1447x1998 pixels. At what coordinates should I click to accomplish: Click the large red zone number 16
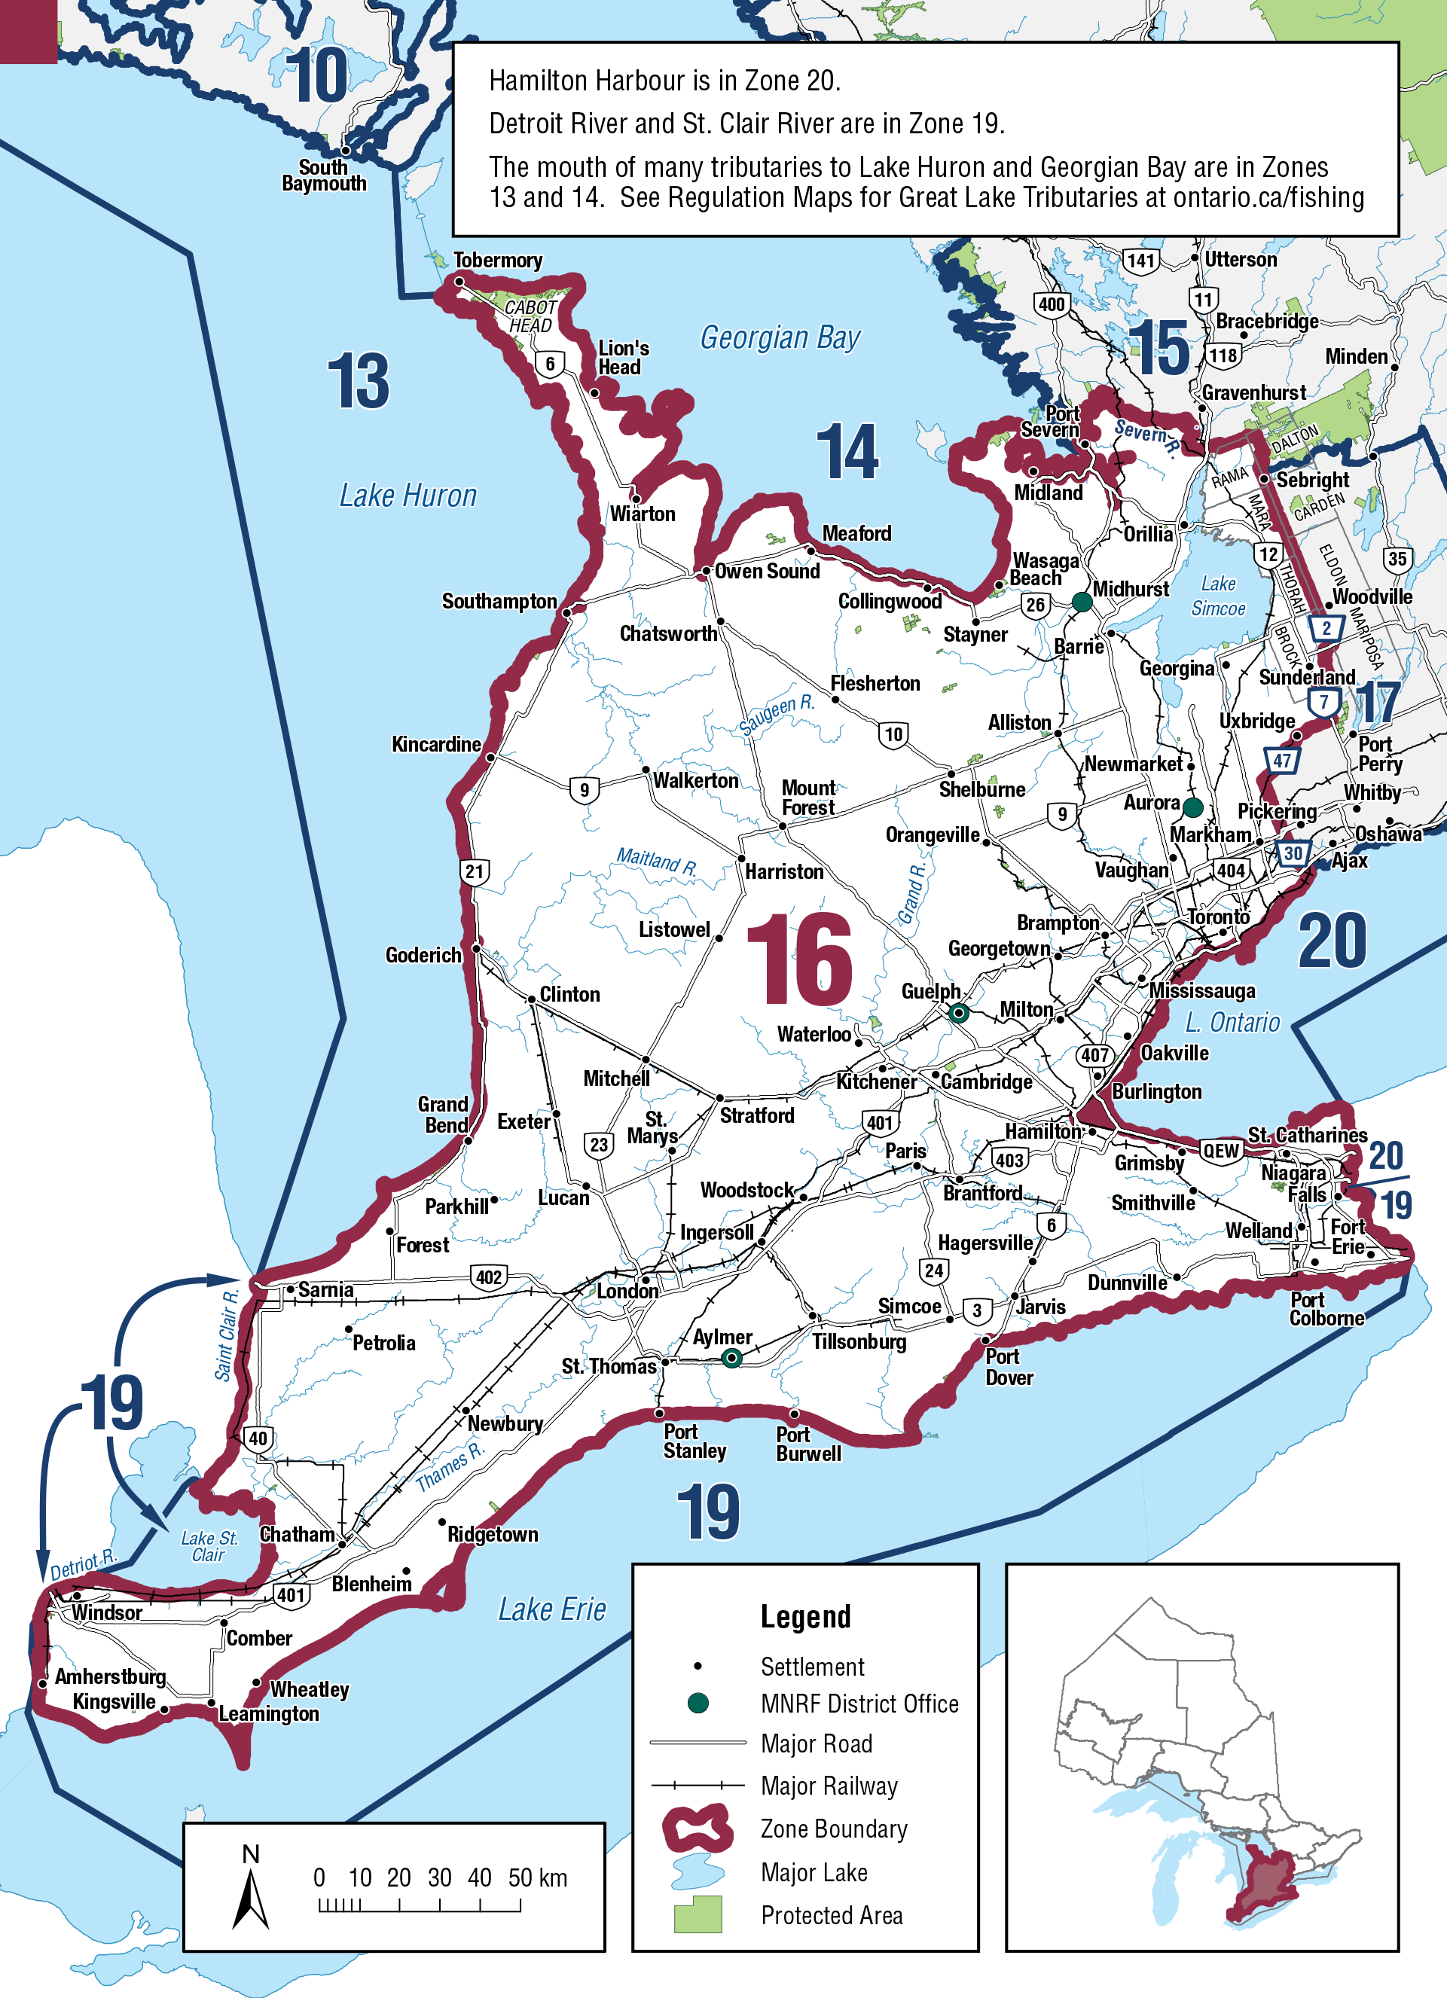(798, 960)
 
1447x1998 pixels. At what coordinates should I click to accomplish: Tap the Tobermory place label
(497, 260)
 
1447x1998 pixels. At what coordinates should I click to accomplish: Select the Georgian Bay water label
(780, 337)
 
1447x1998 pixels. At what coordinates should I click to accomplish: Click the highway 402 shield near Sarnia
(488, 1277)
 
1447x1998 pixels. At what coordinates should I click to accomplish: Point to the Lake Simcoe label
(1218, 596)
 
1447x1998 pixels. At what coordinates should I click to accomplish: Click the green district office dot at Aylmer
(731, 1359)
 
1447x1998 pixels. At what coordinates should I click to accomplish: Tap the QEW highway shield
(1222, 1151)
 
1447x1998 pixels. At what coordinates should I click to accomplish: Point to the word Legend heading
(805, 1616)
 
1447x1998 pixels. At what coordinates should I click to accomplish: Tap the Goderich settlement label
(423, 955)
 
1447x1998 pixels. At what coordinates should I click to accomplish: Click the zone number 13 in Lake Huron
(358, 382)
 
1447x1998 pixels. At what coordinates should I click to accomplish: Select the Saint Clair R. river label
(227, 1335)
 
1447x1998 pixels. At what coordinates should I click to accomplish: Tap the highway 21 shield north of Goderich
(474, 872)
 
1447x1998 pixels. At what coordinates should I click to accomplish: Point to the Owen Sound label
(767, 571)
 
